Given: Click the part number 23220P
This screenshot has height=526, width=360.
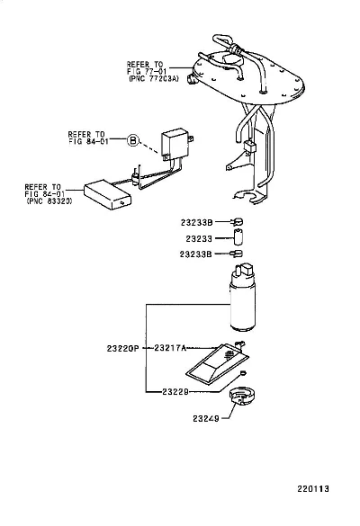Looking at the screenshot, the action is point(123,349).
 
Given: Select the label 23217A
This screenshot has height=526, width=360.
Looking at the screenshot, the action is point(170,348).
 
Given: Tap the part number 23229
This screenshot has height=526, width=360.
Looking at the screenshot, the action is point(175,391).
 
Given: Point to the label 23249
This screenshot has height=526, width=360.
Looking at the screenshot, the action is point(206,418).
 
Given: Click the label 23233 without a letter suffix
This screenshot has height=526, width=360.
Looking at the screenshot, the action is point(199,238).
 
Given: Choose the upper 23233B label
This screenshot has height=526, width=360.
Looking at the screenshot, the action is point(197,222).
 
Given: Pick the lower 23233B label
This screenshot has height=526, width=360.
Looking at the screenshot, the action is point(196,254).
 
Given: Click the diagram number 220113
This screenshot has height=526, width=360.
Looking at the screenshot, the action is point(313,489).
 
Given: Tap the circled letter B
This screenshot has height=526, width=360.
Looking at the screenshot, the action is point(133,140).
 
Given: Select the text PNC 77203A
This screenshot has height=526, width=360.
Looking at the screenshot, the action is point(154,79).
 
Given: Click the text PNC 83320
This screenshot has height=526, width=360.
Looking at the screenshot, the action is point(49,201).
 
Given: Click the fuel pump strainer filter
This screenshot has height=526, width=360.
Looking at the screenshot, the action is point(217,364).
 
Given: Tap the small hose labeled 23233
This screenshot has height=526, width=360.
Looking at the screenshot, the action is point(238,237).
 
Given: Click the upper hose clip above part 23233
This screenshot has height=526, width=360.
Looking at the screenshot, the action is point(237,222).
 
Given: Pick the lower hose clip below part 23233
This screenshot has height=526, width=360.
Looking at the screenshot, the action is point(237,254).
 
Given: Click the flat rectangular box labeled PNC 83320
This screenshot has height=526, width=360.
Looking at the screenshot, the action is point(107,194).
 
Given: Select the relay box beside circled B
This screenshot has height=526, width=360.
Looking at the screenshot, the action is point(175,143).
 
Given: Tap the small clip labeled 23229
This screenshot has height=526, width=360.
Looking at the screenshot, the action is point(244,372).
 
